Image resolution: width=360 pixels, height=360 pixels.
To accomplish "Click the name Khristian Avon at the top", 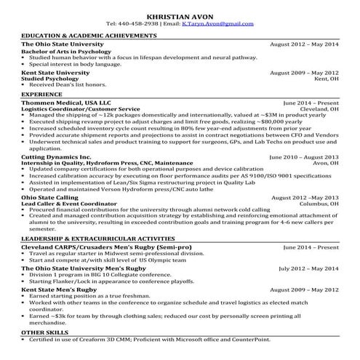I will click(x=180, y=15).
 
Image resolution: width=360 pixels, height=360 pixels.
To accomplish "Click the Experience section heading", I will click(x=41, y=94).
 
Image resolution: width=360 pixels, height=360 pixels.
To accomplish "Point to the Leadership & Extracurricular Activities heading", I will click(x=93, y=239).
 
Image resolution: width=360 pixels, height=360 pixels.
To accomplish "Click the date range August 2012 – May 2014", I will click(x=304, y=44).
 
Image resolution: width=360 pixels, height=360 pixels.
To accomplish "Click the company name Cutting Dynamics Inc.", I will click(x=57, y=156).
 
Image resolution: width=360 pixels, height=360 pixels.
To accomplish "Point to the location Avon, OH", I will click(x=325, y=163).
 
